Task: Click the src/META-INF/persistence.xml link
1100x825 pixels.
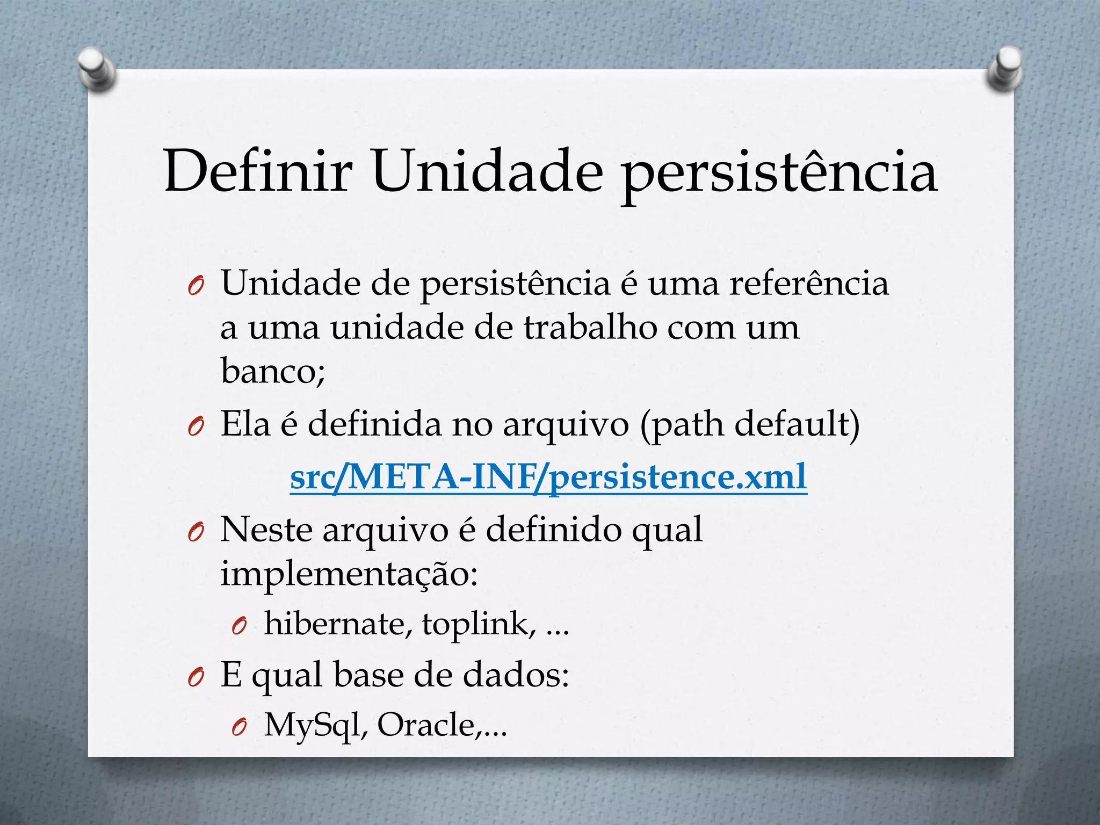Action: (x=548, y=476)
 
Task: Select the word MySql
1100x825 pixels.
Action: (x=316, y=725)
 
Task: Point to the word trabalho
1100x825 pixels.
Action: (x=590, y=327)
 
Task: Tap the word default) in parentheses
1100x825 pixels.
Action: (x=797, y=425)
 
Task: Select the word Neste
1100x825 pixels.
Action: (x=266, y=530)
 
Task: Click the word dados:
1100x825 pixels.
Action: (x=516, y=675)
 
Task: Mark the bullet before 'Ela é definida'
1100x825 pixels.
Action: (x=195, y=428)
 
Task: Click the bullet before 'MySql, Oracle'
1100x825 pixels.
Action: (x=238, y=727)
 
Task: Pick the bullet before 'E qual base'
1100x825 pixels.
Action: (x=195, y=678)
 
